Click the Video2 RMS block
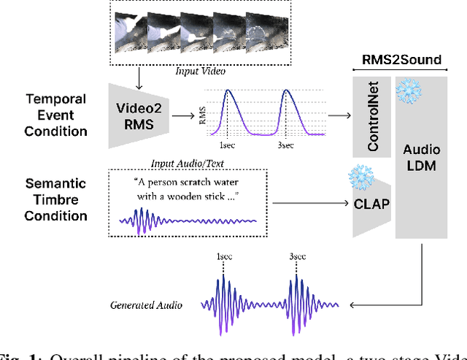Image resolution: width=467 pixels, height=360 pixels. pos(138,117)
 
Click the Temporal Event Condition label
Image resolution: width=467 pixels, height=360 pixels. pos(55,115)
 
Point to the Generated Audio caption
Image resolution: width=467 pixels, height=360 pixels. pos(146,305)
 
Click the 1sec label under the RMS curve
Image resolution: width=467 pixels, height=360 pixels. pos(226,146)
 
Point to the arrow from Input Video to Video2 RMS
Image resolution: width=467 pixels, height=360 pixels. pos(138,74)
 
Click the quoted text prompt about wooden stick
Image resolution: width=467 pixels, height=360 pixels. pos(188,189)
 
